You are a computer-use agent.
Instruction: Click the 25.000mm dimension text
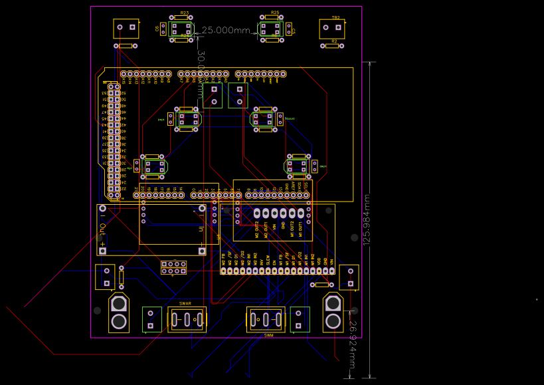(x=226, y=31)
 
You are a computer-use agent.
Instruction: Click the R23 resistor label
(x=184, y=13)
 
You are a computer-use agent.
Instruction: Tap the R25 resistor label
(x=274, y=13)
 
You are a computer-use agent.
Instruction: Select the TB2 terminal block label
(x=335, y=18)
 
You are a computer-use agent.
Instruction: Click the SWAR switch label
(x=185, y=304)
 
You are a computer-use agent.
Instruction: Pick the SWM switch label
(x=268, y=335)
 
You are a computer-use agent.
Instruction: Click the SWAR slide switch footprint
(x=187, y=319)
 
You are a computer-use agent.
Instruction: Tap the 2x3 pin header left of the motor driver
(x=173, y=267)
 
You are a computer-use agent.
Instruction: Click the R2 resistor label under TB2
(x=334, y=41)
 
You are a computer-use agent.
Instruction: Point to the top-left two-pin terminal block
(x=126, y=28)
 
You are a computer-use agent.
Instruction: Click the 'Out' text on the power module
(x=103, y=231)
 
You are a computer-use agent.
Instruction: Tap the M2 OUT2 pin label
(x=257, y=229)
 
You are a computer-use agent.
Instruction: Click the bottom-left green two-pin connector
(x=151, y=319)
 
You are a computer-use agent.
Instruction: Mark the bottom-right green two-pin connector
(x=300, y=319)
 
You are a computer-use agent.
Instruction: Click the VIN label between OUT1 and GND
(x=274, y=231)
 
